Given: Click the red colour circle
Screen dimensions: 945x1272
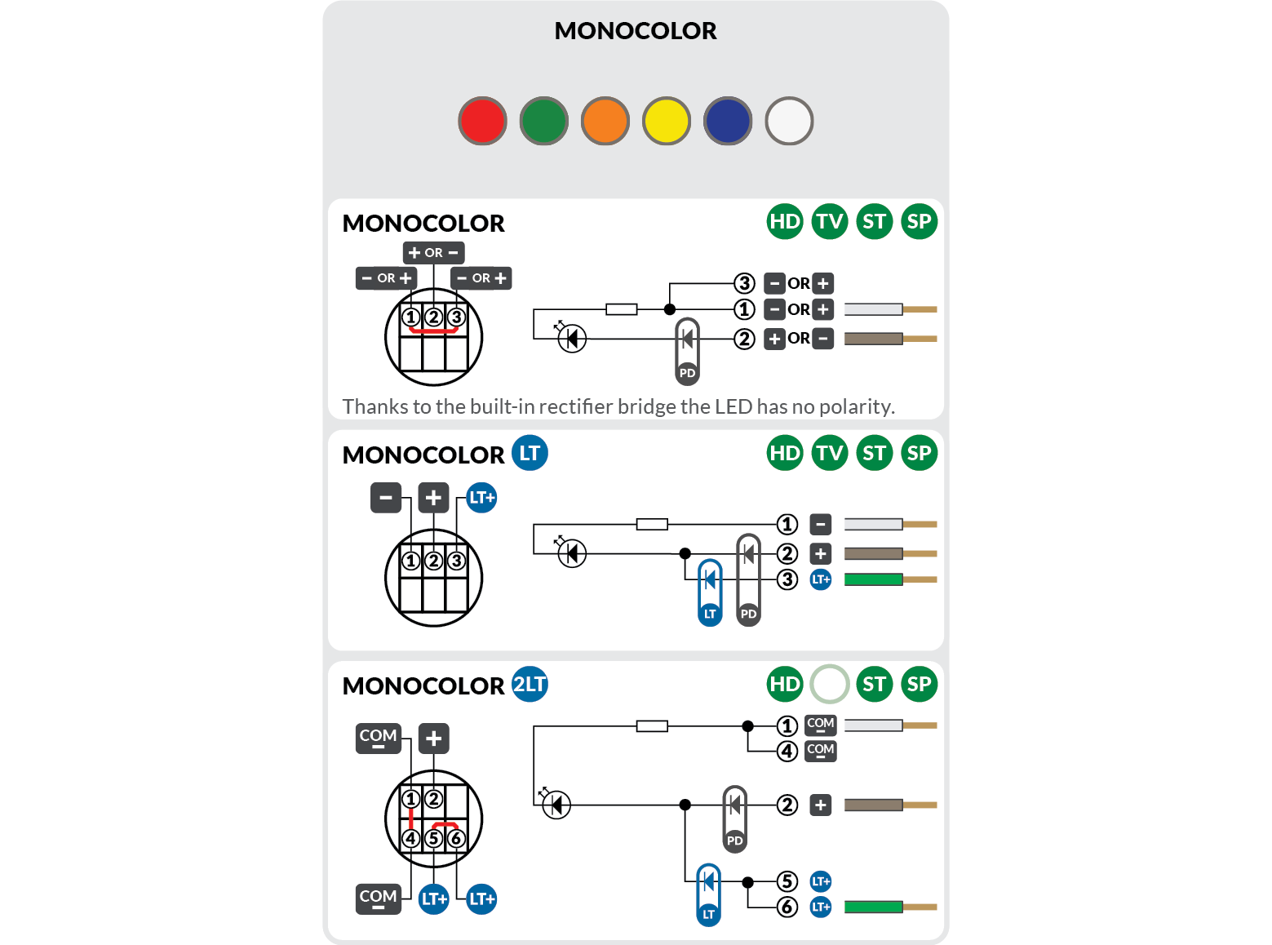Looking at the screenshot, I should click(482, 121).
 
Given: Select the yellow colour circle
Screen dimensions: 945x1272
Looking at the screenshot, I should click(667, 121).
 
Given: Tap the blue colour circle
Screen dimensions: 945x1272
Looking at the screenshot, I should click(728, 121).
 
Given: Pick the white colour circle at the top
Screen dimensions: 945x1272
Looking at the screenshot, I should click(789, 121).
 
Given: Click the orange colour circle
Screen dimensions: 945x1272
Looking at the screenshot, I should click(605, 121).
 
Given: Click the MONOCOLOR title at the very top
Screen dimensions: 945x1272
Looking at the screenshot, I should click(635, 31).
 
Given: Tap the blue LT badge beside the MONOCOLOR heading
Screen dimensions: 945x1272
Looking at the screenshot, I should click(530, 453).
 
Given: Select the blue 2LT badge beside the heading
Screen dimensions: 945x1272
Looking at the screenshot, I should click(530, 684).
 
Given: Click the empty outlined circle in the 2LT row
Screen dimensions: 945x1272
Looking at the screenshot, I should click(830, 684).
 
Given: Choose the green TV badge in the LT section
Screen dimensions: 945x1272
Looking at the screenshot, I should click(830, 453).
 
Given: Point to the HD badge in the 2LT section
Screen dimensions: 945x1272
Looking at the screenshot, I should click(785, 684).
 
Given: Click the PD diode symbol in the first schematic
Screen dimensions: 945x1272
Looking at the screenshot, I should click(688, 351).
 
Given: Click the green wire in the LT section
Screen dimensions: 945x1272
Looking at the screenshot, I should click(874, 579).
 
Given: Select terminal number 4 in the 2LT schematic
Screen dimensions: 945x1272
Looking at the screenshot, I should click(787, 751).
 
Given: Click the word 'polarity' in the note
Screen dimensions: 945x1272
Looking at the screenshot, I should click(855, 406).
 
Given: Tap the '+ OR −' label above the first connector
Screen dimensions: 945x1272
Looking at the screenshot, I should click(433, 253).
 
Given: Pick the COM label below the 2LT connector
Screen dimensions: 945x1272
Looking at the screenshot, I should click(379, 898).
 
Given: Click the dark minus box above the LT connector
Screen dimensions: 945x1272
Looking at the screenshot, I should click(386, 497).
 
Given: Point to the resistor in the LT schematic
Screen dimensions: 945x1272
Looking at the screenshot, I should click(652, 524).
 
